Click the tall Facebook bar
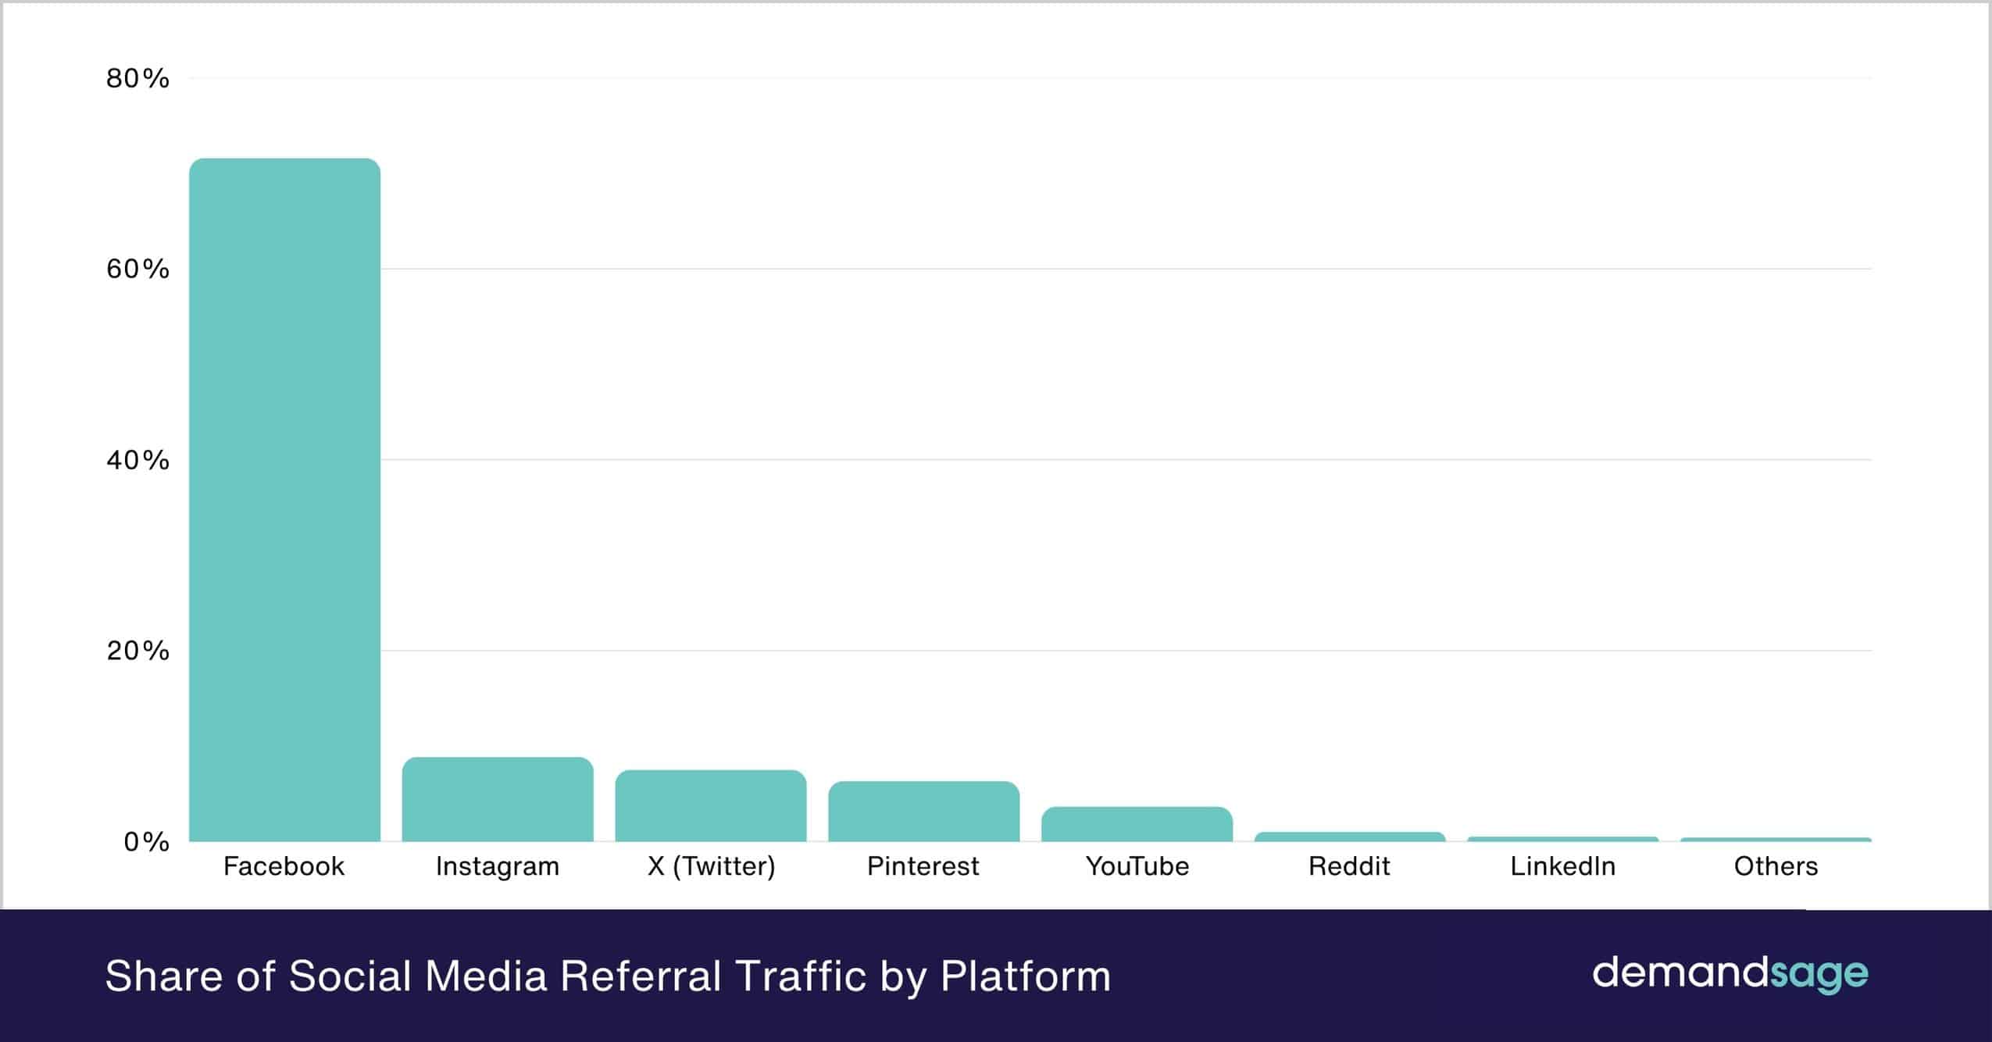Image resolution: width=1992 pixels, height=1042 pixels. point(284,500)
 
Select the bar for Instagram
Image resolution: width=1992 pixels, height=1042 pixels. point(498,800)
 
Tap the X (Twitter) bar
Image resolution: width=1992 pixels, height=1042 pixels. point(710,806)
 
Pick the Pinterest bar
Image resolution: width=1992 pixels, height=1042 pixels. point(923,812)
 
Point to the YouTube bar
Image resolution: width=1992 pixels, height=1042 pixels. point(1137,824)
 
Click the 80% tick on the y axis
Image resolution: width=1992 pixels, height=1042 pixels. point(138,78)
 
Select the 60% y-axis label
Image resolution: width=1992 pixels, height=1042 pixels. point(138,269)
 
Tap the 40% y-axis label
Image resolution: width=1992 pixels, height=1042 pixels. point(138,459)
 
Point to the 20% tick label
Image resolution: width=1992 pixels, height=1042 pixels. point(138,650)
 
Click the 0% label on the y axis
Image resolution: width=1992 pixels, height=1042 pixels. point(146,841)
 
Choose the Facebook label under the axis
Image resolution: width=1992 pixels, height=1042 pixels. point(284,866)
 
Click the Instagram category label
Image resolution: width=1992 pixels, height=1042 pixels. point(498,867)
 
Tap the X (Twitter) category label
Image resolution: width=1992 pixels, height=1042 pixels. point(711,867)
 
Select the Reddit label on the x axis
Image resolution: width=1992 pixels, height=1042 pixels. point(1349,866)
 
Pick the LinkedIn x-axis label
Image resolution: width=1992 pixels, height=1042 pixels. point(1562,866)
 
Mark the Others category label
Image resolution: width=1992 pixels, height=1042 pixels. point(1776,866)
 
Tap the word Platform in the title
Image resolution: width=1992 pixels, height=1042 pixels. point(1025,976)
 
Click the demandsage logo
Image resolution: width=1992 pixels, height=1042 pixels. point(1730,974)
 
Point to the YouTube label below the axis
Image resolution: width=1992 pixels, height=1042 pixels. point(1137,866)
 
